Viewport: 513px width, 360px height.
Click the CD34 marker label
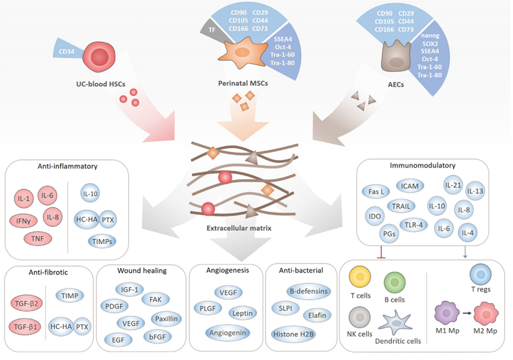pyautogui.click(x=66, y=52)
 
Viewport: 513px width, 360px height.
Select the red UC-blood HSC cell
pyautogui.click(x=100, y=56)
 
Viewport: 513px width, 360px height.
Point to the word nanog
pyautogui.click(x=430, y=36)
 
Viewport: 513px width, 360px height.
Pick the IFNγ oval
pyautogui.click(x=24, y=221)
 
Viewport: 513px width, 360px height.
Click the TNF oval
pyautogui.click(x=37, y=238)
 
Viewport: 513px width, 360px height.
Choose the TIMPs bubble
pyautogui.click(x=102, y=241)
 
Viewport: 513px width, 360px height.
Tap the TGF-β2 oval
pyautogui.click(x=27, y=304)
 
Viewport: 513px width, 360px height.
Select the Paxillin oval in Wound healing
pyautogui.click(x=166, y=318)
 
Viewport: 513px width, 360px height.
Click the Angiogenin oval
pyautogui.click(x=228, y=333)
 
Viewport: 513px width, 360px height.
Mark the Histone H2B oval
pyautogui.click(x=293, y=334)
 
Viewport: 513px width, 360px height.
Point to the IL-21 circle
pyautogui.click(x=453, y=185)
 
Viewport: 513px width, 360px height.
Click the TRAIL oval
pyautogui.click(x=401, y=206)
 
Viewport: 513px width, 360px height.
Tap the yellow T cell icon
pyautogui.click(x=360, y=276)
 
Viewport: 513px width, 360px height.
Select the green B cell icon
pyautogui.click(x=394, y=282)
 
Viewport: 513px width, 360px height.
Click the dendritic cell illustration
pyautogui.click(x=396, y=323)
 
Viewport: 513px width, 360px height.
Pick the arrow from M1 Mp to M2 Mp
pyautogui.click(x=467, y=313)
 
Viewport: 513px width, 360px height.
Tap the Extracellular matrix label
pyautogui.click(x=239, y=228)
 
